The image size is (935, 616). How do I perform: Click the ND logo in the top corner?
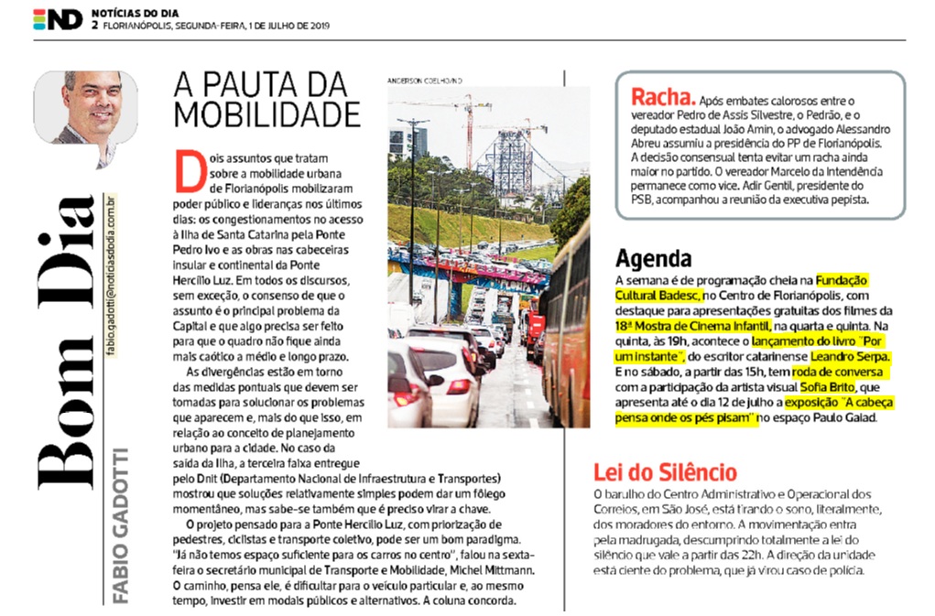[x=58, y=19]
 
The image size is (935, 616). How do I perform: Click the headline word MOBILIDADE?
[x=266, y=114]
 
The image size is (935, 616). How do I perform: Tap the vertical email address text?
[x=111, y=276]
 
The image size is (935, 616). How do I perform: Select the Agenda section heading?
[x=653, y=257]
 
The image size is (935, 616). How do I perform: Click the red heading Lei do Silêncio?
[x=665, y=472]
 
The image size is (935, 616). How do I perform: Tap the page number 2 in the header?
[x=94, y=26]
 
